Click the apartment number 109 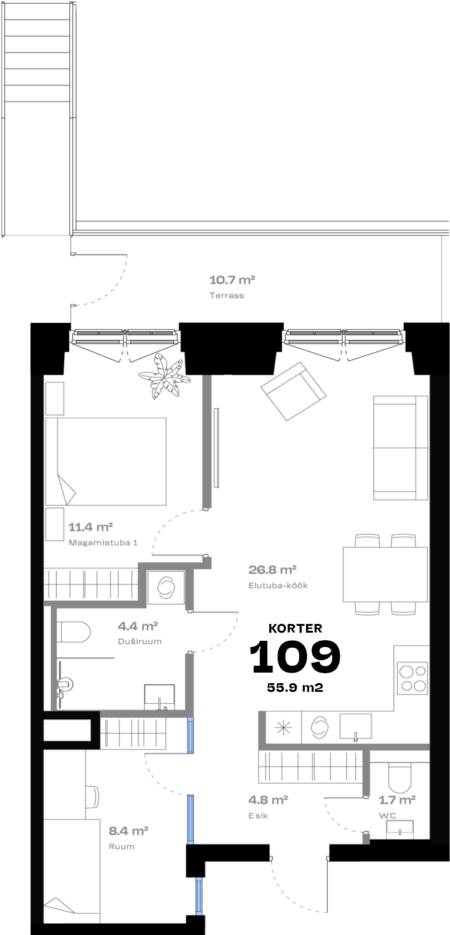pos(295,656)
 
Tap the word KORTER pos(295,628)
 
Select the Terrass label pos(227,295)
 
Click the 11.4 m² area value pos(91,527)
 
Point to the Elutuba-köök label pos(278,586)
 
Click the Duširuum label pos(140,641)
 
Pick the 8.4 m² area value pos(128,831)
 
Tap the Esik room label pos(258,815)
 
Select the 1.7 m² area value pos(397,800)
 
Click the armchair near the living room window pos(293,391)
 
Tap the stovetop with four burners pos(413,678)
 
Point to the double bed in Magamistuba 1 pos(105,461)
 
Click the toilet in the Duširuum pos(74,632)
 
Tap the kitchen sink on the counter pos(355,727)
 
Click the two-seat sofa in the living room pos(401,448)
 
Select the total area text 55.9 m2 pos(295,688)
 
